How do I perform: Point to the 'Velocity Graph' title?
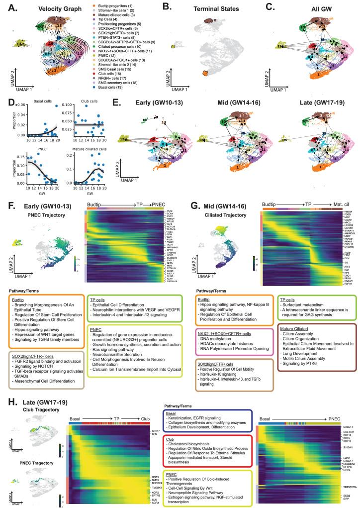(54, 8)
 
